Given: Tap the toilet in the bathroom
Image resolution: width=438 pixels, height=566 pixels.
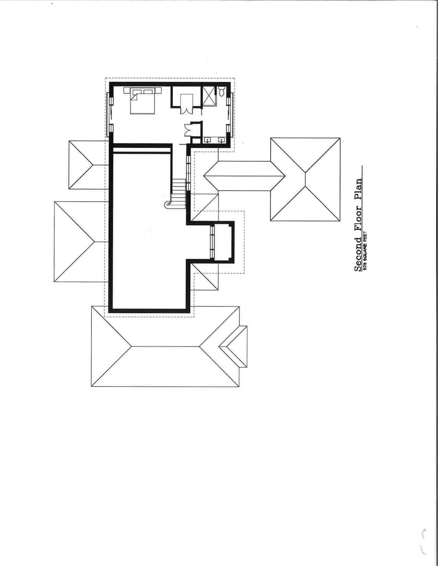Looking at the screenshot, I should tap(222, 91).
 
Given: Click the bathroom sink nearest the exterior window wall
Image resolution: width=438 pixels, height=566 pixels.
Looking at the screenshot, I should tap(222, 140).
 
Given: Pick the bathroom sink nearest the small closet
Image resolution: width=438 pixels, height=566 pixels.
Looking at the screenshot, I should tap(208, 140).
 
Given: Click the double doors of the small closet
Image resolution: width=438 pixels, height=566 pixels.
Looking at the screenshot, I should tap(188, 129).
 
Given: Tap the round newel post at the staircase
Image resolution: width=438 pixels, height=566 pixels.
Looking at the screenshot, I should tap(167, 204).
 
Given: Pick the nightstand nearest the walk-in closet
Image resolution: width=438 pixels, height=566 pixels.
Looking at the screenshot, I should tap(158, 90).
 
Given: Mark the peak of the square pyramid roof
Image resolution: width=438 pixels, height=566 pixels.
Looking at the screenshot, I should tap(305, 179).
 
